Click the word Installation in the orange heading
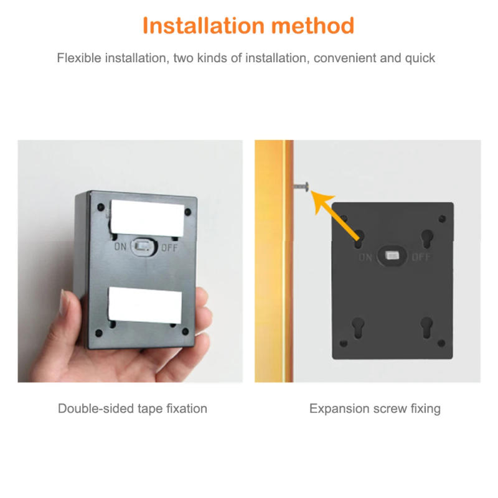(203, 26)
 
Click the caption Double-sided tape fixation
(133, 409)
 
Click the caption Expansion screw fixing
(375, 409)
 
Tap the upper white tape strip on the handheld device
(146, 214)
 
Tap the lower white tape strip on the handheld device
(145, 304)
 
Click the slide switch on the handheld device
(144, 247)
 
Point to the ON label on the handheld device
(121, 247)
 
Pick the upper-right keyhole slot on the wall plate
(427, 238)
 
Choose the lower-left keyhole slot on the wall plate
(359, 326)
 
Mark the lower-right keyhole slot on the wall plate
(426, 326)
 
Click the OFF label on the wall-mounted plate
(421, 256)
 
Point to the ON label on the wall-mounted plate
(365, 256)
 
